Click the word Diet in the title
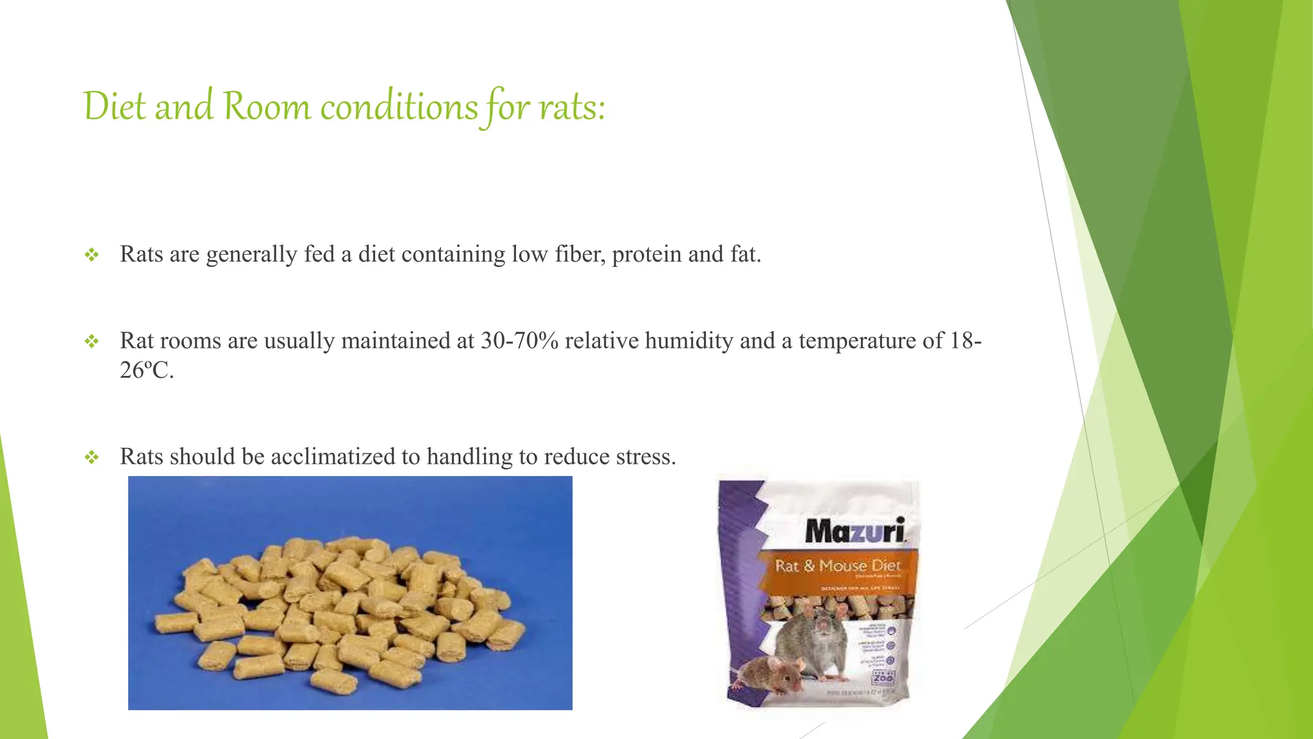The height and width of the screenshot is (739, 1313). coord(115,106)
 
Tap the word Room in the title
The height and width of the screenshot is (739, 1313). coord(266,106)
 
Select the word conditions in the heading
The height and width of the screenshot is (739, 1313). coord(399,106)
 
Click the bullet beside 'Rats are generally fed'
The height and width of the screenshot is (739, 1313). coord(92,255)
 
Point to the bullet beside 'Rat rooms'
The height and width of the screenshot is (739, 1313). coord(92,341)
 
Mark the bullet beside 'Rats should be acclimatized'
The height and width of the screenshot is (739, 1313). coord(92,457)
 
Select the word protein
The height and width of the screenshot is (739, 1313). coord(646,255)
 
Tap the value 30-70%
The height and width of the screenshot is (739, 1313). coord(519,341)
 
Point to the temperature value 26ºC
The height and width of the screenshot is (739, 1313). coord(146,370)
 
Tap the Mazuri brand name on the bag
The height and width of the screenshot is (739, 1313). coord(855,531)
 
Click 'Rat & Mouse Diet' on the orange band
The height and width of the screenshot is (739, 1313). coord(837,566)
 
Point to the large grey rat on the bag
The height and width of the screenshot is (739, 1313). coord(821,641)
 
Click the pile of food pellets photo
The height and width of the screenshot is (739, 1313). coord(350,593)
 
